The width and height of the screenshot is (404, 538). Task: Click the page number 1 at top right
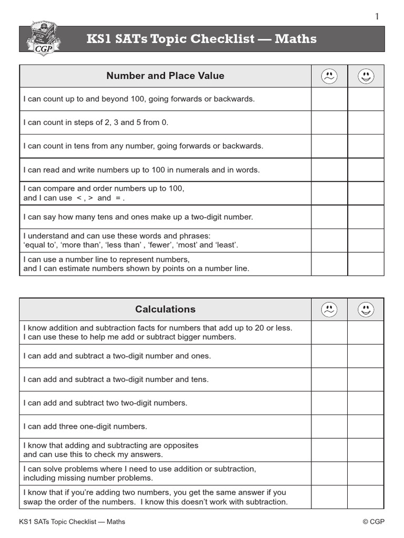click(x=377, y=17)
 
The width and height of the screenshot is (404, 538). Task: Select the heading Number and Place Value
click(x=165, y=76)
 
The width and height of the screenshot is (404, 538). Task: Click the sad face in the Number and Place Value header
click(x=329, y=77)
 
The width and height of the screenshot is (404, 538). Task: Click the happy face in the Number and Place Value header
click(x=366, y=77)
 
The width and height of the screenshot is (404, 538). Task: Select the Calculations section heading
click(x=165, y=309)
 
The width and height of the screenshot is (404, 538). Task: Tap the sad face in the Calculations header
click(x=329, y=309)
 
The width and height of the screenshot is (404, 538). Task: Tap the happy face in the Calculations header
click(x=366, y=309)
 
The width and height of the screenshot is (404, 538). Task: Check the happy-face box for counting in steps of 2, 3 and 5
click(x=366, y=122)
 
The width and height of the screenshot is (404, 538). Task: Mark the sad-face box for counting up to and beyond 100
click(x=329, y=99)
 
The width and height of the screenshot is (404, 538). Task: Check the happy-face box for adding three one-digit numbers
click(x=366, y=426)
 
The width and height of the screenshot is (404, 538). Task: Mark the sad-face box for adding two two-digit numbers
click(x=329, y=403)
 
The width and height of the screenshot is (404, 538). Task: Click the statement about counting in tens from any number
click(x=143, y=146)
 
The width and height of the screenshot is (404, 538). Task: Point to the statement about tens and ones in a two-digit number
click(x=138, y=216)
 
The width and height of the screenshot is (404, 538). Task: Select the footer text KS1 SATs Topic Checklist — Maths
click(x=72, y=522)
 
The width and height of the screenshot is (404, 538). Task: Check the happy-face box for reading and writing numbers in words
click(x=366, y=170)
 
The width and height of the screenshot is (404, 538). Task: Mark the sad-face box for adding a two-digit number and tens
click(x=329, y=379)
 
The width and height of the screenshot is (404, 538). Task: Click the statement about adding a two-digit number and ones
click(x=117, y=356)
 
